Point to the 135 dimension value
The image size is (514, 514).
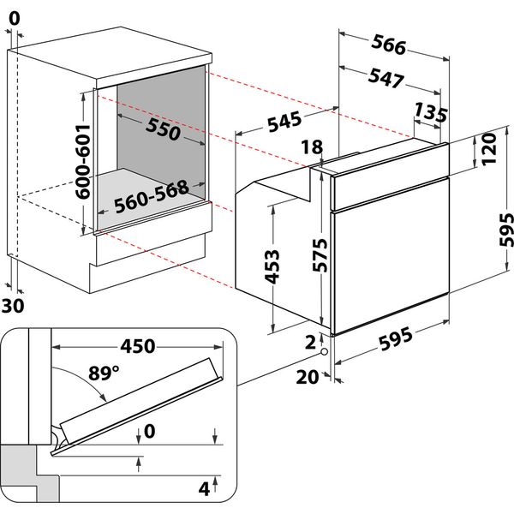pos(431,111)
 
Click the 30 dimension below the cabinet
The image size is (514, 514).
pos(13,307)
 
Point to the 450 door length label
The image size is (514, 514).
pos(137,346)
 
